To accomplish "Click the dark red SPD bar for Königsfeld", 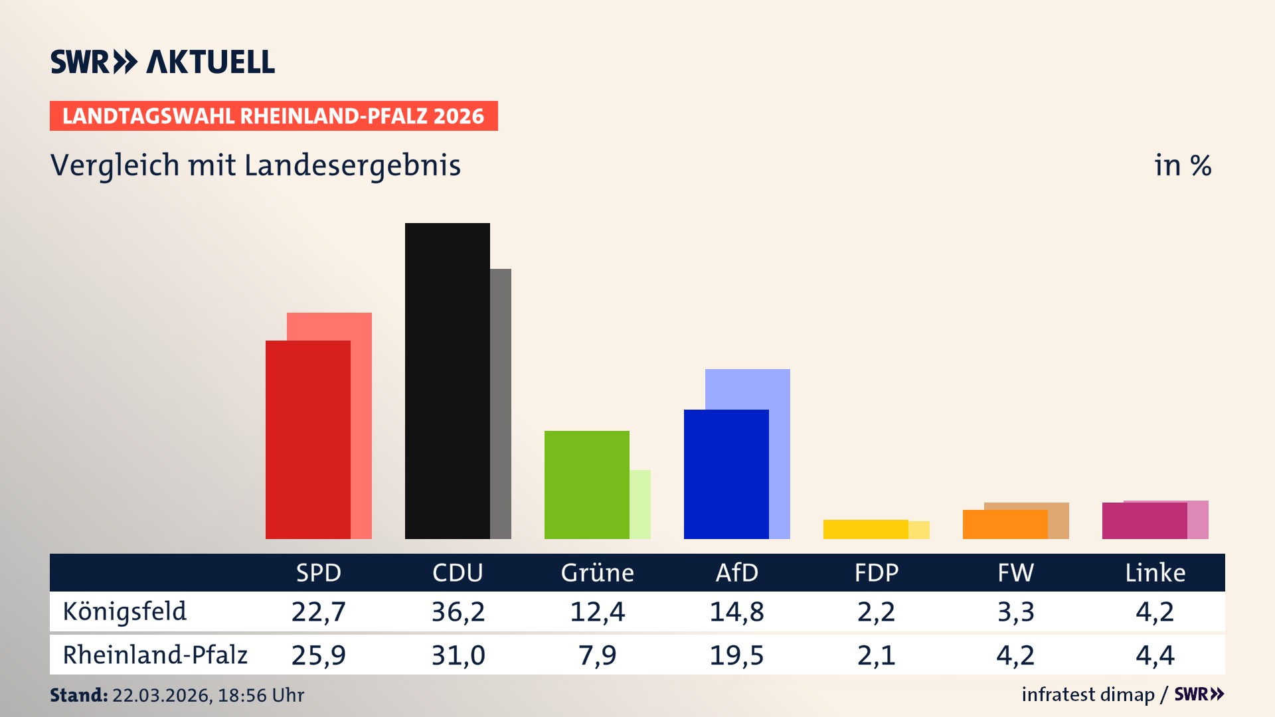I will [x=307, y=439].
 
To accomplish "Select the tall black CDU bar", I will [x=447, y=380].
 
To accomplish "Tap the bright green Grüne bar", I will [x=586, y=485].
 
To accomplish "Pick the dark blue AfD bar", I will [x=726, y=474].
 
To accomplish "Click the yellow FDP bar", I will [x=865, y=529].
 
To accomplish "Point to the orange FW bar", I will [x=1005, y=524].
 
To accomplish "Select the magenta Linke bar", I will [x=1144, y=521].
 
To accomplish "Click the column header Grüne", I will [x=597, y=573].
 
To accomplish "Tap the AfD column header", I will [x=736, y=573].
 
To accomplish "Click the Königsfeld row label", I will [x=125, y=611].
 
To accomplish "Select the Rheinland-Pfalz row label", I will [x=155, y=655].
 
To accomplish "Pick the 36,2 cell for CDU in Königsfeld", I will [x=458, y=611].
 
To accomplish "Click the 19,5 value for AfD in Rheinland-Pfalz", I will [x=736, y=655].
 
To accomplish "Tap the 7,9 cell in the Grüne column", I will [x=597, y=655].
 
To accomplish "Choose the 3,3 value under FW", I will [x=1015, y=611].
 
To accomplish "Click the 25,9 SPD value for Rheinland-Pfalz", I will [x=319, y=655].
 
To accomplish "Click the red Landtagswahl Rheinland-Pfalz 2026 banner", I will [x=274, y=116].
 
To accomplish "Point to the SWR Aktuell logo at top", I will [x=163, y=62].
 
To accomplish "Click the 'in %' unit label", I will [x=1182, y=165].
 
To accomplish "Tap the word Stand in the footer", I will [x=78, y=695].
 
